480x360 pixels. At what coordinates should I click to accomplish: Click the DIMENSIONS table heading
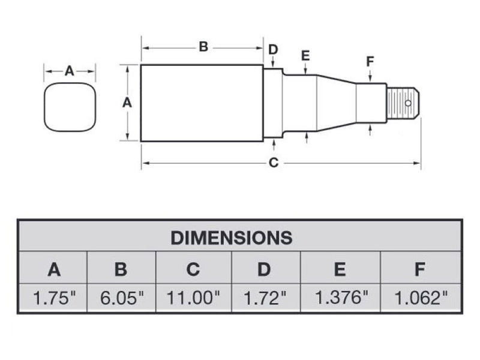click(232, 237)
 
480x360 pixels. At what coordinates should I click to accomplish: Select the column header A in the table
click(54, 269)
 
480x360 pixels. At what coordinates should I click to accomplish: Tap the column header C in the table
click(193, 269)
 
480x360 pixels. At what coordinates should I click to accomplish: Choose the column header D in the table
click(264, 269)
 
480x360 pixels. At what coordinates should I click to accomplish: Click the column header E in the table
click(340, 269)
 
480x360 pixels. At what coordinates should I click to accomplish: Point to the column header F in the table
click(419, 269)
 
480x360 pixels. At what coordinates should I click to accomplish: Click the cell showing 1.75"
click(54, 298)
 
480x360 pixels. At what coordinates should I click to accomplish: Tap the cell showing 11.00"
click(193, 298)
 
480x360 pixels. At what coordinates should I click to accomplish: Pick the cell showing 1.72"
click(264, 298)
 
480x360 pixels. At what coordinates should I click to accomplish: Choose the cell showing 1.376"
click(340, 298)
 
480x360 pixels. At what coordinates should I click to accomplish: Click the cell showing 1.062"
click(419, 298)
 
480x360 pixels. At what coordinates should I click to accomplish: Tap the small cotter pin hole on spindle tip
click(408, 103)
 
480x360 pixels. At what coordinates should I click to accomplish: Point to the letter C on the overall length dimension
click(274, 163)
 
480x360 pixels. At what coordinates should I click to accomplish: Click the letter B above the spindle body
click(203, 47)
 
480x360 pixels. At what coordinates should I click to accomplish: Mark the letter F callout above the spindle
click(370, 61)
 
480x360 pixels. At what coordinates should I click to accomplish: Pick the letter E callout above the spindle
click(305, 56)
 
